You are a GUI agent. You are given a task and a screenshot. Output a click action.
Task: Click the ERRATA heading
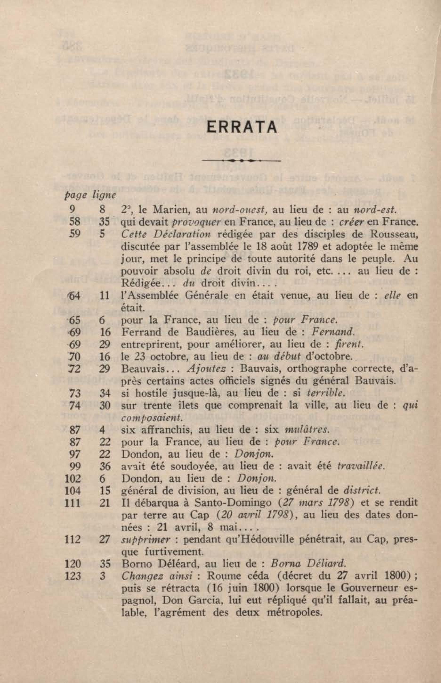(x=242, y=128)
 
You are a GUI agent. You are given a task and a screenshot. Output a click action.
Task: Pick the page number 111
(x=73, y=503)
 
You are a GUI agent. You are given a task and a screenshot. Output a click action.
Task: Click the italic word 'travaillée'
(x=360, y=467)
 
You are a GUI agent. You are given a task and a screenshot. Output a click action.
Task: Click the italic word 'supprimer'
(x=146, y=540)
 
